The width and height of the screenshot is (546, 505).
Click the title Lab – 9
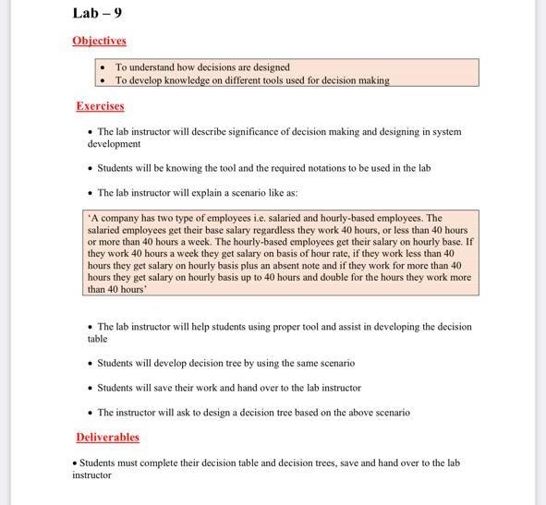(x=97, y=13)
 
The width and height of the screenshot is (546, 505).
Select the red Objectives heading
(x=99, y=41)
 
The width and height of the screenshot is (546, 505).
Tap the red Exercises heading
(x=100, y=106)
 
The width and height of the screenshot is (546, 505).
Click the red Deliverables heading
(x=107, y=437)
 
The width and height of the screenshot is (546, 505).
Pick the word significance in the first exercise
(x=244, y=132)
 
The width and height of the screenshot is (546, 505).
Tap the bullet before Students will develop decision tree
(x=90, y=364)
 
